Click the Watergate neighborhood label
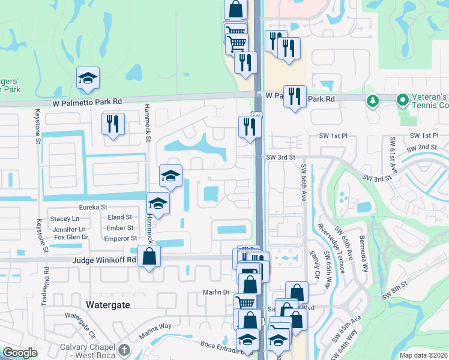pos(108,305)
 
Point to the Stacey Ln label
pos(65,219)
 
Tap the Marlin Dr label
pos(218,292)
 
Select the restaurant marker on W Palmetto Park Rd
pos(294,96)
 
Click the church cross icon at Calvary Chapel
pos(124,350)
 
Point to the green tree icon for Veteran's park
pos(373,100)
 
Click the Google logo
pos(20,353)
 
